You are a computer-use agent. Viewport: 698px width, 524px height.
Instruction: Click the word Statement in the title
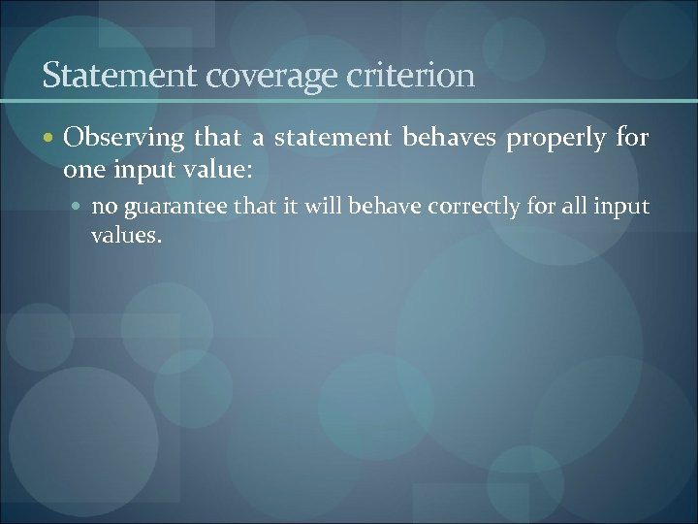pyautogui.click(x=98, y=75)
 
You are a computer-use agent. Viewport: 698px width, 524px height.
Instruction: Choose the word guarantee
pyautogui.click(x=171, y=207)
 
